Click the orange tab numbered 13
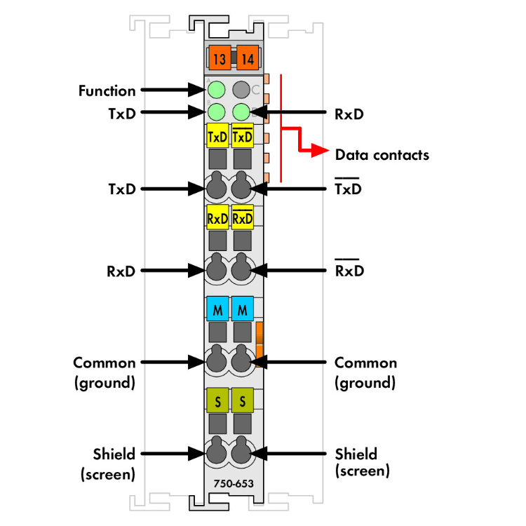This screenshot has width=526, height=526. pos(219,58)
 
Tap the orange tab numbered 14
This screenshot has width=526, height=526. pos(247,58)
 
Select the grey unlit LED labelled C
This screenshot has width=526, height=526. pos(242,90)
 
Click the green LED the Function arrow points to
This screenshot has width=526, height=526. pos(217,90)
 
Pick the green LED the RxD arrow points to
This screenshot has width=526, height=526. pos(242,112)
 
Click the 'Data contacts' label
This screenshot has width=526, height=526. pos(382,154)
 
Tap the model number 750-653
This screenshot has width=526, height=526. pos(234,483)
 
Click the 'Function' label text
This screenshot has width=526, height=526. pos(107,90)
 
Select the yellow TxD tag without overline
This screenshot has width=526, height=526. pos(217,137)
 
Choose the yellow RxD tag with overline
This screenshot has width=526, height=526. pos(243,218)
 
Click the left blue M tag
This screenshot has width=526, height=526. pos(217,309)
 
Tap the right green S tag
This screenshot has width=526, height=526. pos(243,401)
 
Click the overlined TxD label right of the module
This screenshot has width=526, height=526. pos(349,188)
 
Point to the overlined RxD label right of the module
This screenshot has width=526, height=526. pos(349,270)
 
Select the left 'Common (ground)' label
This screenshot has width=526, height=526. pos(104,372)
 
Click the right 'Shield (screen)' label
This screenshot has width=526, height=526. pos(362,462)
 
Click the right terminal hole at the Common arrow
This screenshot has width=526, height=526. pos(241,362)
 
